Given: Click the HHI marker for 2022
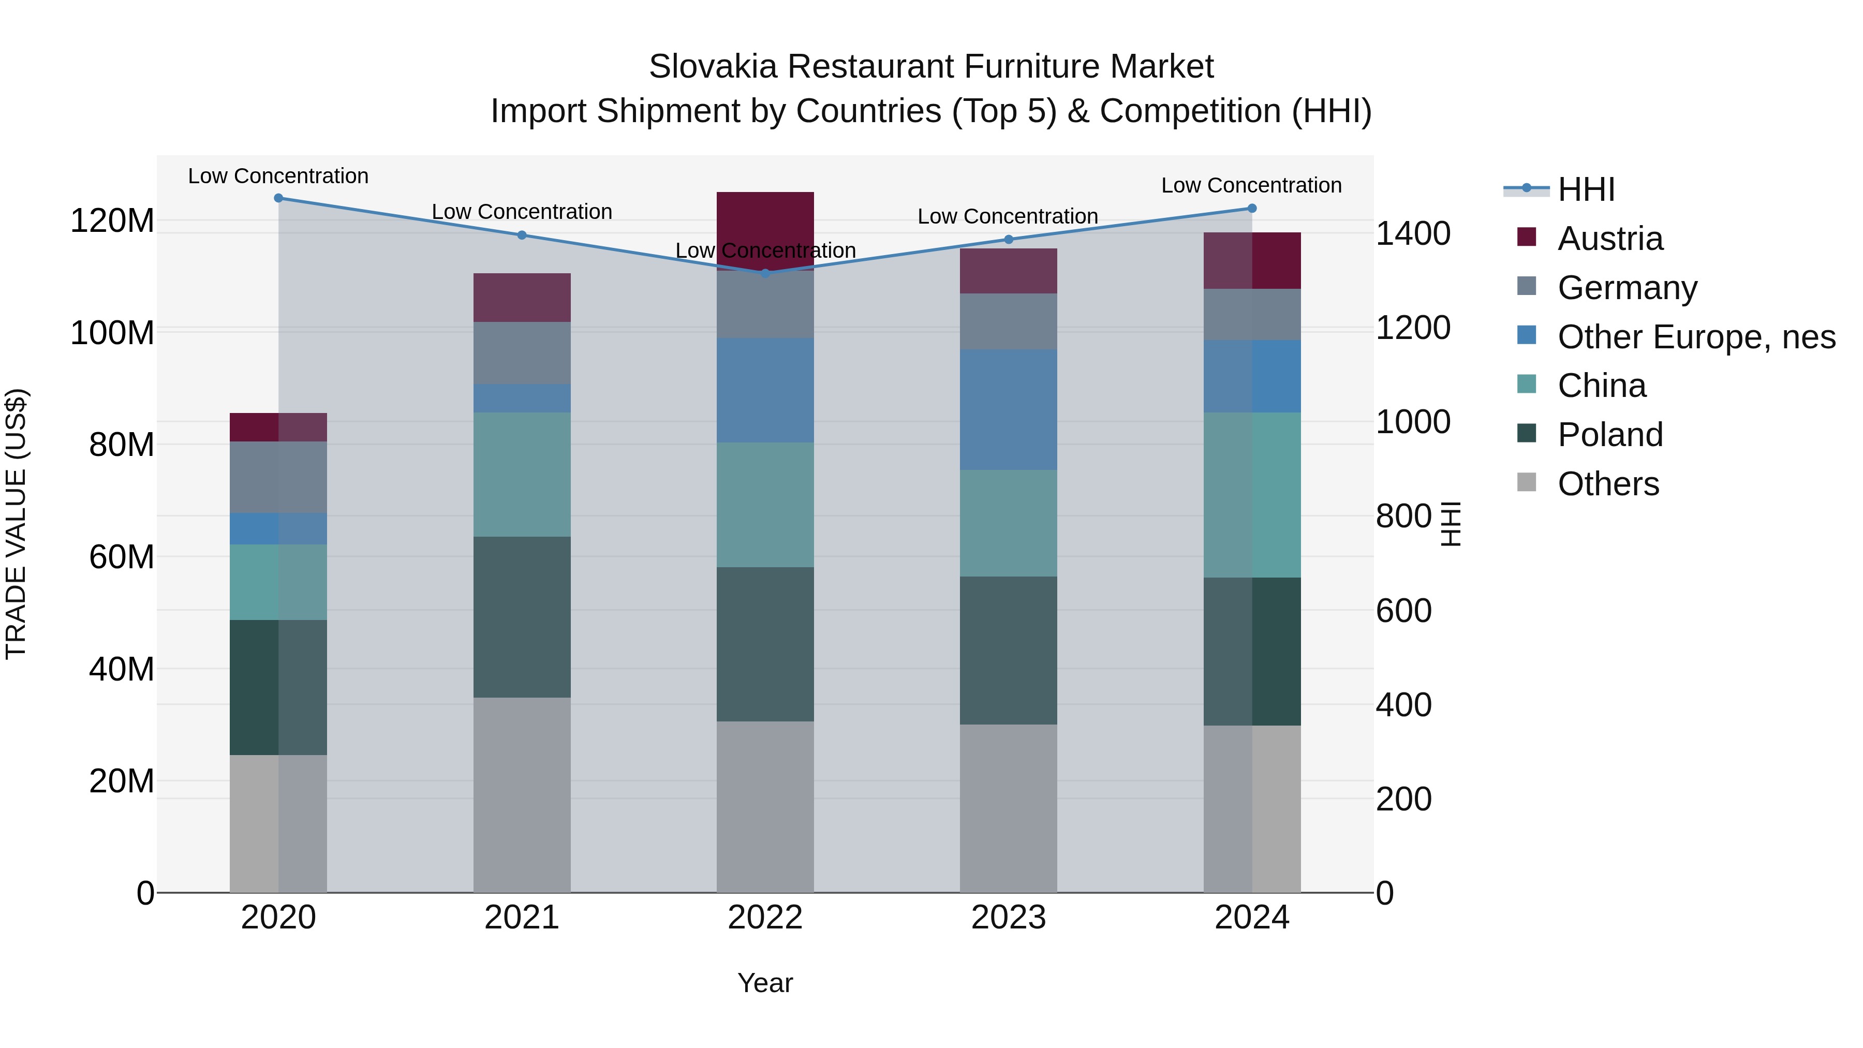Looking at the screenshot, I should (x=765, y=273).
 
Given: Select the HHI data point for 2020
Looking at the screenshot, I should (x=278, y=198).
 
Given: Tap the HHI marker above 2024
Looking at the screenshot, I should (x=1252, y=208).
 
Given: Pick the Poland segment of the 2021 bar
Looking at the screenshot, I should (x=522, y=617).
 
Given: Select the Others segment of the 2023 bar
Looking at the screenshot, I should (x=1008, y=808).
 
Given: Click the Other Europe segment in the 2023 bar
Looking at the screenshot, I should (x=1008, y=409).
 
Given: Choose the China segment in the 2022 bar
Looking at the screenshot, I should (x=765, y=504).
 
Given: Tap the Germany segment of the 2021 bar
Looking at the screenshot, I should (x=522, y=352).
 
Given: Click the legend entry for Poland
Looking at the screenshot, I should (x=1610, y=435).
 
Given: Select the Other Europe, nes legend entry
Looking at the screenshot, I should (x=1696, y=337).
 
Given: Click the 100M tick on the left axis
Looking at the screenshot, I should (x=112, y=333).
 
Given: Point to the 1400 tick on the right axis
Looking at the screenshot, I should (x=1412, y=233).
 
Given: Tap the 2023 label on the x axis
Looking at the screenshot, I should (x=1008, y=917).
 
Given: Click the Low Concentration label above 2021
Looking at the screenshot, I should (x=522, y=212).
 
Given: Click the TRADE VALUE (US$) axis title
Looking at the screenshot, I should (x=16, y=524).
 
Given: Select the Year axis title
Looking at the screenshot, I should (x=765, y=983).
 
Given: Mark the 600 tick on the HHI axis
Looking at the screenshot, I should (x=1403, y=611).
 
